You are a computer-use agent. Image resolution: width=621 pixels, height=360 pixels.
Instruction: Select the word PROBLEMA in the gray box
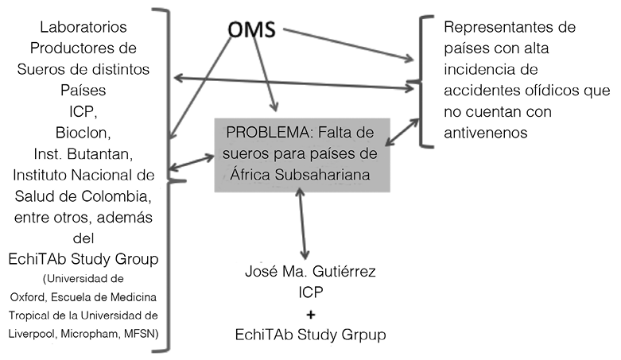tap(258, 131)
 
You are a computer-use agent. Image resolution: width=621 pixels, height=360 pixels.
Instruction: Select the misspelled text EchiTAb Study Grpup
tap(311, 335)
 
